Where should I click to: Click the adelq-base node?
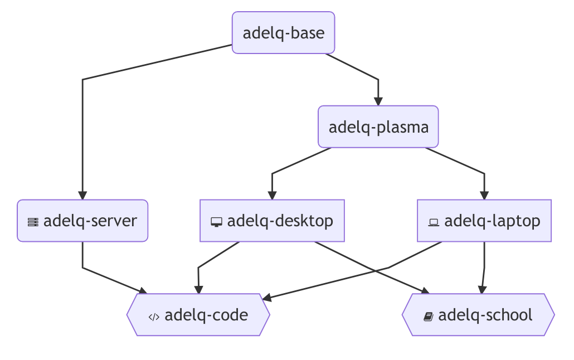[283, 33]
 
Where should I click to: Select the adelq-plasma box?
[378, 127]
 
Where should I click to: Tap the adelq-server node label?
[90, 221]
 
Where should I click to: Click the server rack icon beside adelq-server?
[33, 222]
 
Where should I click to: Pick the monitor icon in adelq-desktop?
[217, 222]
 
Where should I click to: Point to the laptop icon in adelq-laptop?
[434, 222]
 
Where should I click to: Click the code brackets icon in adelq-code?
[154, 317]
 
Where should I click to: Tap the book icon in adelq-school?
[428, 317]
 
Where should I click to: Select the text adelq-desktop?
[280, 221]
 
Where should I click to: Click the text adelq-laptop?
[492, 221]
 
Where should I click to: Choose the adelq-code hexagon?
[198, 315]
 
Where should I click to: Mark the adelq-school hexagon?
[478, 315]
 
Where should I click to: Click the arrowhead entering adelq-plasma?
[378, 101]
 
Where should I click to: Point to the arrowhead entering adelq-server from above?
[82, 195]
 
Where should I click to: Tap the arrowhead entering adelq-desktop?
[272, 195]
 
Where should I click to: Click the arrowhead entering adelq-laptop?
[484, 195]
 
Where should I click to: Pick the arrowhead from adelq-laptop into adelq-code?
[267, 298]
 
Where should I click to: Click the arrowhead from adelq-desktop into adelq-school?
[425, 290]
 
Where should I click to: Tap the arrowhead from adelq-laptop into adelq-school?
[482, 289]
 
